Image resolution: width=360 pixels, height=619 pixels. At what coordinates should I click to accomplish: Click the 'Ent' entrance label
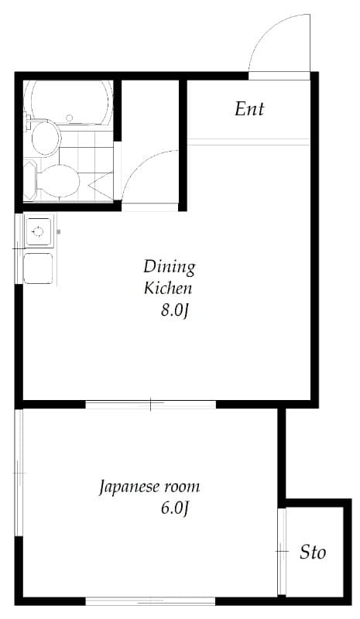coord(249,109)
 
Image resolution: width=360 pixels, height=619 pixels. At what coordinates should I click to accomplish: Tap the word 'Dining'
coord(169,267)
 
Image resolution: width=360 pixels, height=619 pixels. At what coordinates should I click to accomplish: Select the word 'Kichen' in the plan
coord(168,289)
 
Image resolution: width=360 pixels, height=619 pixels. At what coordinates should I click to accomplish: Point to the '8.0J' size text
coord(175,311)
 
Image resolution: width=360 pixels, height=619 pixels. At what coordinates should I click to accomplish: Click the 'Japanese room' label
coord(149,487)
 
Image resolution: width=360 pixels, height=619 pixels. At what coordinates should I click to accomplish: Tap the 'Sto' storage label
coord(313,552)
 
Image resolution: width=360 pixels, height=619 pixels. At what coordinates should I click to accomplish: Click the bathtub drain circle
coord(69,118)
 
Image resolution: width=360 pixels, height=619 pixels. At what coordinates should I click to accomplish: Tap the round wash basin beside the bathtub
coord(46,137)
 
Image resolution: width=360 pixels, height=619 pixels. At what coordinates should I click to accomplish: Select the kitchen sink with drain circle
coord(38,231)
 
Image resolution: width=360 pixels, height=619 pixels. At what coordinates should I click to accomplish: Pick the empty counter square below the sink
coord(38,268)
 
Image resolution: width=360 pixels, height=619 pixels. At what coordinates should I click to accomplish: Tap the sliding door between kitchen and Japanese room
coord(150,404)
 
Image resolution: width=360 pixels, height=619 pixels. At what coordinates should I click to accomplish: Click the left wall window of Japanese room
coord(19,472)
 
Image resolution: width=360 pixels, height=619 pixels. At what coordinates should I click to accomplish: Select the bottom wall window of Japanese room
coord(150,600)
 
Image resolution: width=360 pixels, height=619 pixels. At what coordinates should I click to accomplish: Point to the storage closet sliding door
coord(283,551)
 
